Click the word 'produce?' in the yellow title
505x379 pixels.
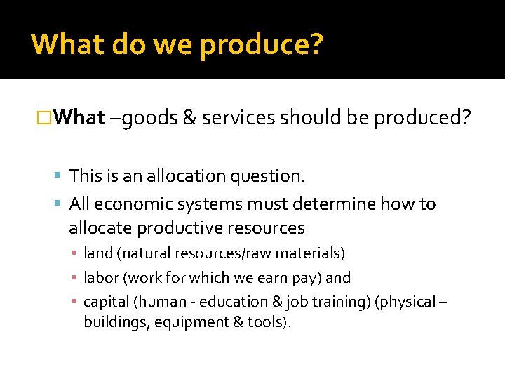tap(262, 44)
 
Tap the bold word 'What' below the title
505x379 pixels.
tap(79, 117)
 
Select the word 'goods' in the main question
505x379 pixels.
tap(149, 118)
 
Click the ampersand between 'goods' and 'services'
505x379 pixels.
tap(189, 118)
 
